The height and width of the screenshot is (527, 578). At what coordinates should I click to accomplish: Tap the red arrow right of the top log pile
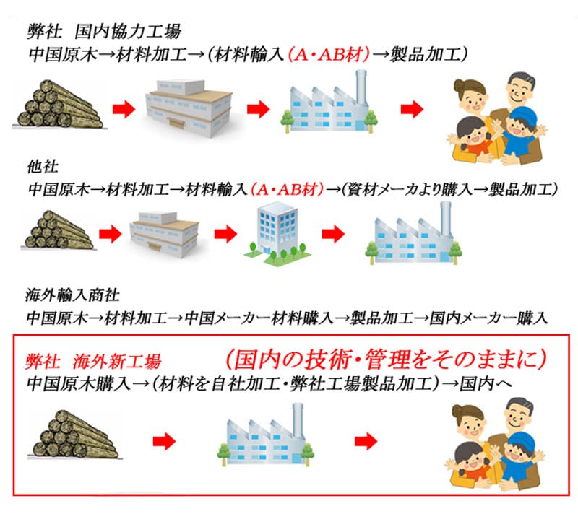(x=124, y=109)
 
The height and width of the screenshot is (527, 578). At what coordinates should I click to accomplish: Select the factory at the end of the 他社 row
(x=413, y=231)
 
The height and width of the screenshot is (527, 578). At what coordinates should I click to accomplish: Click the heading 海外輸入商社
(x=73, y=296)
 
